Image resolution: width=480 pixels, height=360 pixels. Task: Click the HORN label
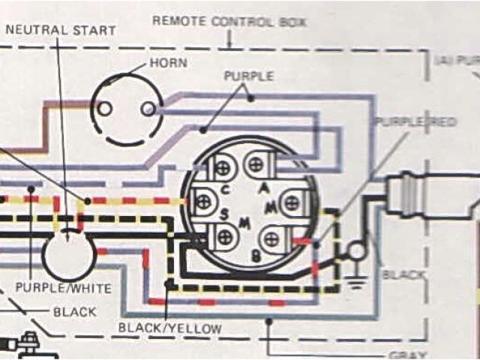(168, 62)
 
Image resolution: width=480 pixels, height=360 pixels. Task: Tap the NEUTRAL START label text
(61, 31)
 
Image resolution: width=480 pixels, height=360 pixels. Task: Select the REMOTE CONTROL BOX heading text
(229, 21)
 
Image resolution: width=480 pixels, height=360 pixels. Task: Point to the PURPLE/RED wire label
(416, 121)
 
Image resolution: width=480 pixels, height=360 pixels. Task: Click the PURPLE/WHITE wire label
(64, 288)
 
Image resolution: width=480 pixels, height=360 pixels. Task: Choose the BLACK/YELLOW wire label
(169, 328)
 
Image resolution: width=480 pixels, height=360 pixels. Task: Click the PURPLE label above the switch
(249, 76)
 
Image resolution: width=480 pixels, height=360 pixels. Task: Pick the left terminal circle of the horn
(106, 109)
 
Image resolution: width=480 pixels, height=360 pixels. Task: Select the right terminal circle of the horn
(148, 109)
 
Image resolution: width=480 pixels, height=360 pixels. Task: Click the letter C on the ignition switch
(226, 189)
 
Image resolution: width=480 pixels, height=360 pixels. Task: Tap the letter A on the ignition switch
(262, 189)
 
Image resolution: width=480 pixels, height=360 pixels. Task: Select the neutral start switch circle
(68, 255)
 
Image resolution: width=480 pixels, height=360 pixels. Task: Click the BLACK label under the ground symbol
(403, 275)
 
